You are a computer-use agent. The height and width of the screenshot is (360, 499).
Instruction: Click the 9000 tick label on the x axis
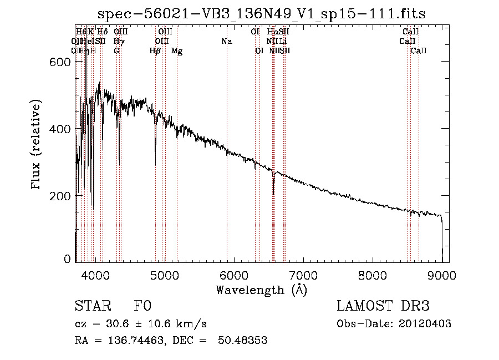pyautogui.click(x=442, y=274)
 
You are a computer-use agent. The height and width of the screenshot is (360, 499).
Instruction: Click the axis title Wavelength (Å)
pyautogui.click(x=261, y=289)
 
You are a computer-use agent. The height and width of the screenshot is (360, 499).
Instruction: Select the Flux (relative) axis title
pyautogui.click(x=37, y=145)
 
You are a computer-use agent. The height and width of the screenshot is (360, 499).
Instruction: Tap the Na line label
pyautogui.click(x=226, y=42)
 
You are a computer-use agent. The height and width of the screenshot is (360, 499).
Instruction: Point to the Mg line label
pyautogui.click(x=177, y=51)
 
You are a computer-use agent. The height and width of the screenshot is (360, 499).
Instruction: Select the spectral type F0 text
pyautogui.click(x=142, y=307)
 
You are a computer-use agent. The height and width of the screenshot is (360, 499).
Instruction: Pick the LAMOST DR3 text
pyautogui.click(x=383, y=307)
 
